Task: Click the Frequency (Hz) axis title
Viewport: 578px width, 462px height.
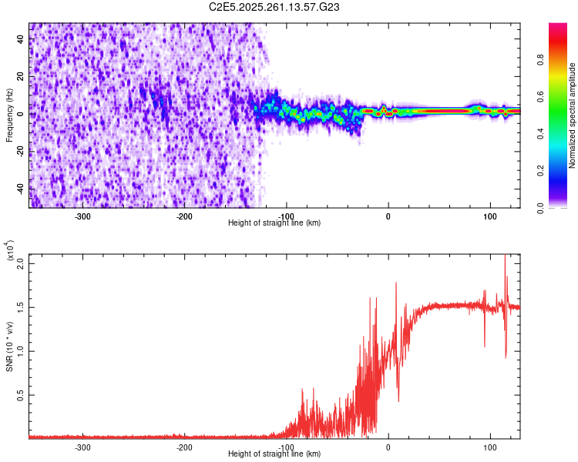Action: coord(9,115)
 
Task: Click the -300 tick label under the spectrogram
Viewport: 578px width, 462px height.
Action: coord(82,216)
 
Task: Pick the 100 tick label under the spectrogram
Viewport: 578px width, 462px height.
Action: coord(489,216)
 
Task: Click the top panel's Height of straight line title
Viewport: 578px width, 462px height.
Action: coord(274,223)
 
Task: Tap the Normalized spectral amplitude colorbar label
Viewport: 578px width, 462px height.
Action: coord(572,115)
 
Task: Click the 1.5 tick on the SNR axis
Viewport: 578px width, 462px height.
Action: coord(20,307)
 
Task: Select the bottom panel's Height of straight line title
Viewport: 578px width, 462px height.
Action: coord(274,454)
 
